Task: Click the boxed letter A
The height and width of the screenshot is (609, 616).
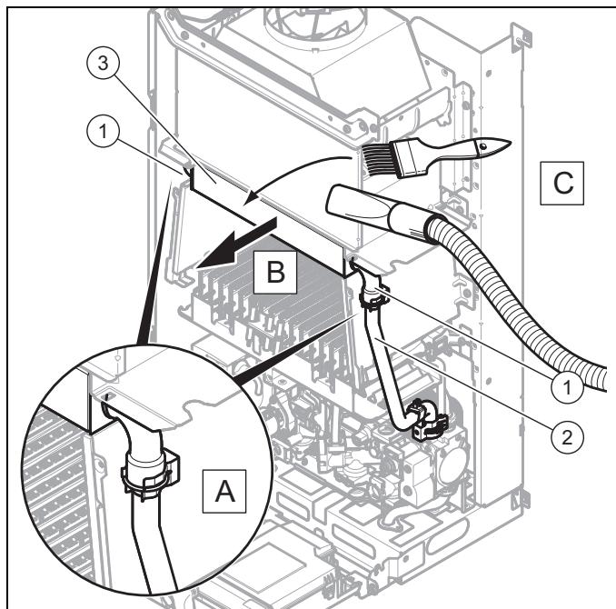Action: coord(224,491)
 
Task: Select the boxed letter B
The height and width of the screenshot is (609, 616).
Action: coord(275,272)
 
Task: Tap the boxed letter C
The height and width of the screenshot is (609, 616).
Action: coord(562,183)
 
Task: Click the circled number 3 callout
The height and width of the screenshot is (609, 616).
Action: coord(103,63)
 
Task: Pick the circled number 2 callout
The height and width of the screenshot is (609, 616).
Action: coord(567,437)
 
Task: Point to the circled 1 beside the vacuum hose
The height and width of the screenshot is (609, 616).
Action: coord(567,387)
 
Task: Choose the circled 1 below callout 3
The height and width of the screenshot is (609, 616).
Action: coord(103,131)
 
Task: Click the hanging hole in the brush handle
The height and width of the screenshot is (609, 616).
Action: coord(482,146)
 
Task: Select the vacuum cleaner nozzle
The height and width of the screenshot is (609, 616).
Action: coord(377,210)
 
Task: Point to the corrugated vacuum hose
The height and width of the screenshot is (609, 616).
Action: coord(519,306)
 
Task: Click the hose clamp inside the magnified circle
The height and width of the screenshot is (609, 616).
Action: coord(149,472)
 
